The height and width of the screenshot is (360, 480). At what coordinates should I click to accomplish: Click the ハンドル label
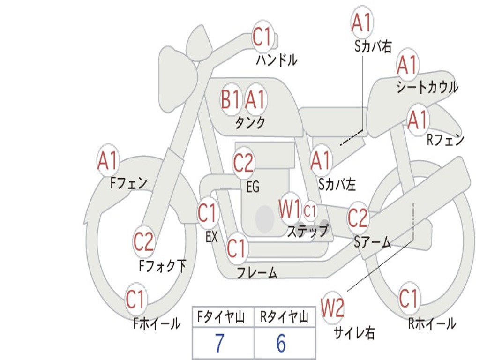[x=277, y=60]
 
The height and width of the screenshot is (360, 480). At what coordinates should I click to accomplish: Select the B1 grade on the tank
[x=231, y=99]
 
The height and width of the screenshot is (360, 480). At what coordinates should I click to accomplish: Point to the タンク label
[x=250, y=123]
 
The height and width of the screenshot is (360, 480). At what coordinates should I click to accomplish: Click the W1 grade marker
[x=290, y=209]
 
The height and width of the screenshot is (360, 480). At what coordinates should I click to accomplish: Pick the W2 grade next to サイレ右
[x=333, y=308]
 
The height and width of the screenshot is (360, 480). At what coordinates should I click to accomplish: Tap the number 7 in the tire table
[x=219, y=344]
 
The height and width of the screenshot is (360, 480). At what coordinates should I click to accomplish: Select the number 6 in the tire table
[x=281, y=344]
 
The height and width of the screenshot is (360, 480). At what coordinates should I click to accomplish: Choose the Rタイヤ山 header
[x=284, y=318]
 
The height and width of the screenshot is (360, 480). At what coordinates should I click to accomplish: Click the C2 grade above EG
[x=243, y=163]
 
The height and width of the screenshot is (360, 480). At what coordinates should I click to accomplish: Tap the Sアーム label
[x=373, y=242]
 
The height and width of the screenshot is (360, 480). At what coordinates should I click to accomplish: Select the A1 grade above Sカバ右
[x=361, y=22]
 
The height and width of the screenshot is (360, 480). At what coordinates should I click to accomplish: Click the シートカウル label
[x=427, y=88]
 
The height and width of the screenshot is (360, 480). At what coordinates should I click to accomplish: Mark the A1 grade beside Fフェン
[x=108, y=161]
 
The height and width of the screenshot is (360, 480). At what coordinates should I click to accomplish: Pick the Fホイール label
[x=157, y=323]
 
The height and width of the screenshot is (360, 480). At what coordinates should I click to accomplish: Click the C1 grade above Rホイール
[x=408, y=298]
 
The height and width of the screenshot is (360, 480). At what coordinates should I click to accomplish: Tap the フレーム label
[x=257, y=272]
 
